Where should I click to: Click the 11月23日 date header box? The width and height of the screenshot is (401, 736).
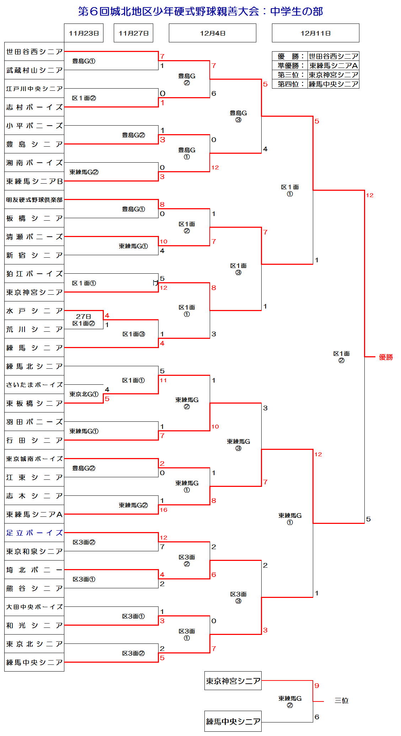pyautogui.click(x=84, y=33)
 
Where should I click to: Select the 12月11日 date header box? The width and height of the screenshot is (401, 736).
pyautogui.click(x=315, y=33)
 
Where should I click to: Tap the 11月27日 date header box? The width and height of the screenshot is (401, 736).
pyautogui.click(x=133, y=33)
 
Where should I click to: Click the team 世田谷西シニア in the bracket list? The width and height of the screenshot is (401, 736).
pyautogui.click(x=34, y=52)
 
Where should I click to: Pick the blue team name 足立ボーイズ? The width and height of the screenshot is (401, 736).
pyautogui.click(x=34, y=533)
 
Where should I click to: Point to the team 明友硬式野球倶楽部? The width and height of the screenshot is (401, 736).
pyautogui.click(x=34, y=200)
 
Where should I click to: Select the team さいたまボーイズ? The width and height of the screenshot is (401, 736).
pyautogui.click(x=34, y=385)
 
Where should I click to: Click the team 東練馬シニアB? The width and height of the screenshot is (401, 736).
pyautogui.click(x=34, y=181)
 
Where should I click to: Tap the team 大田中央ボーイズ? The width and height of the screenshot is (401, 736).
pyautogui.click(x=34, y=607)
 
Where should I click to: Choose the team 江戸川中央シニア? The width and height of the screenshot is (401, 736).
pyautogui.click(x=34, y=89)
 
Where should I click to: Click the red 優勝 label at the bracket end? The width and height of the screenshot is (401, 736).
pyautogui.click(x=386, y=357)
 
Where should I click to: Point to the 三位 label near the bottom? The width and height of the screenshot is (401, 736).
pyautogui.click(x=341, y=700)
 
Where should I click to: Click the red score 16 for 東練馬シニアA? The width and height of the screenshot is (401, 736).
pyautogui.click(x=164, y=510)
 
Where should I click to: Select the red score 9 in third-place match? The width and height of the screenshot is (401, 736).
pyautogui.click(x=317, y=685)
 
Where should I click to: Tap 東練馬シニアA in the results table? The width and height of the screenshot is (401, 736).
pyautogui.click(x=333, y=65)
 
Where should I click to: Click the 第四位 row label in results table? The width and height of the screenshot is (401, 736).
pyautogui.click(x=290, y=84)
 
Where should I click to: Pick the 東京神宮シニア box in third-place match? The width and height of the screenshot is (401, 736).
pyautogui.click(x=233, y=681)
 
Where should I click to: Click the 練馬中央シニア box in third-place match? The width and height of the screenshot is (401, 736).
pyautogui.click(x=233, y=721)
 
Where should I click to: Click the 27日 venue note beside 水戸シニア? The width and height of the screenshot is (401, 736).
pyautogui.click(x=84, y=316)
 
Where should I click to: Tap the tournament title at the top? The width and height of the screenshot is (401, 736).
pyautogui.click(x=200, y=11)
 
